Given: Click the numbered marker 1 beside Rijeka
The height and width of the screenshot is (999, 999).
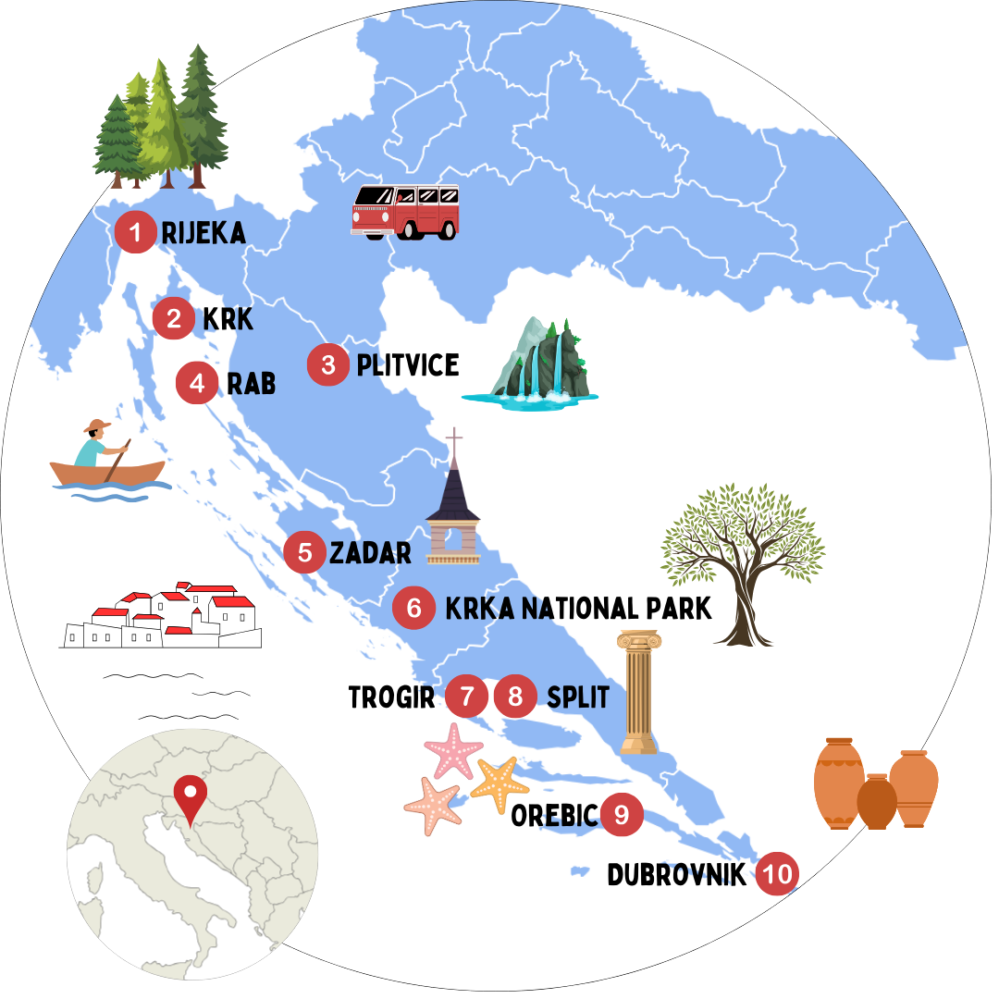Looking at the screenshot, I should click(135, 232).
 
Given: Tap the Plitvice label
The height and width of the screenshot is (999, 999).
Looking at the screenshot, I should click(407, 364).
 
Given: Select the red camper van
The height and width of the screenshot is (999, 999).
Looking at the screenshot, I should click(404, 212).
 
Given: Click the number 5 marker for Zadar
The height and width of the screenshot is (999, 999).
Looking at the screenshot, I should click(304, 553).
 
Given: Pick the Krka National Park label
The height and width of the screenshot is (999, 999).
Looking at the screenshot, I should click(578, 609).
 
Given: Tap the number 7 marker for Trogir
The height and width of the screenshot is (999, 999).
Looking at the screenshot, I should click(466, 697).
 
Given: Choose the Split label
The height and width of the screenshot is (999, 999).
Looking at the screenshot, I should click(578, 697).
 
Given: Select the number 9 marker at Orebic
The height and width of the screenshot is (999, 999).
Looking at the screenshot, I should click(622, 815).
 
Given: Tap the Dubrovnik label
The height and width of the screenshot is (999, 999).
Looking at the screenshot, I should click(676, 875).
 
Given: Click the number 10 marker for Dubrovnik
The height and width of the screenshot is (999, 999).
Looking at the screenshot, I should click(777, 875).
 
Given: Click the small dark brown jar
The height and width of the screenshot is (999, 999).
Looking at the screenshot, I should click(876, 802).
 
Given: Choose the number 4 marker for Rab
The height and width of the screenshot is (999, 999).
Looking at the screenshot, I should click(196, 383).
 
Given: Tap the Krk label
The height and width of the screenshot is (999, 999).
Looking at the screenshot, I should click(227, 320).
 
